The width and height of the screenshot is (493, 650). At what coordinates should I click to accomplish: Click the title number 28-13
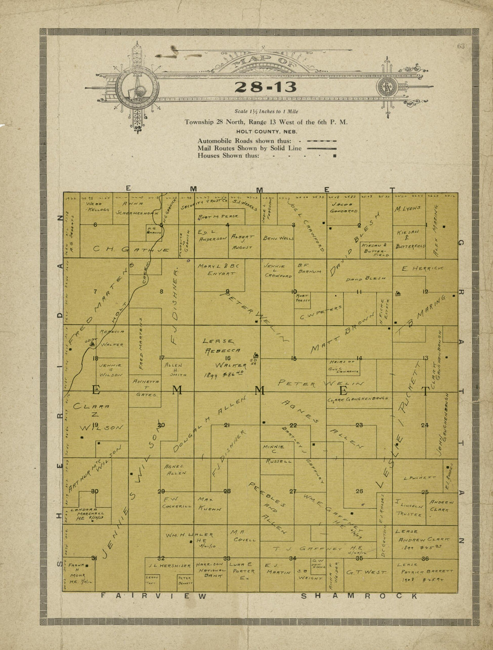pyautogui.click(x=265, y=87)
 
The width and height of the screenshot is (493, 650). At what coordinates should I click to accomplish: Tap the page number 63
pyautogui.click(x=461, y=46)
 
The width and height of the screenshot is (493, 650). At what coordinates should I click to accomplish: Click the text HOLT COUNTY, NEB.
pyautogui.click(x=266, y=131)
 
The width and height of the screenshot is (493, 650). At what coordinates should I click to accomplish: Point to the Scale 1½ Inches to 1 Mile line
pyautogui.click(x=266, y=111)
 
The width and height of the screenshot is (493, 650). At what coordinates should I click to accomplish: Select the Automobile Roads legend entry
pyautogui.click(x=267, y=140)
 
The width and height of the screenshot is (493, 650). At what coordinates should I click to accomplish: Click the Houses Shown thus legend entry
pyautogui.click(x=267, y=156)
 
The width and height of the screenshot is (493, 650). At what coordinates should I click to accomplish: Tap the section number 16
pyautogui.click(x=227, y=358)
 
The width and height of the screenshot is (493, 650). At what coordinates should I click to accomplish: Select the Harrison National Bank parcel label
pyautogui.click(x=210, y=570)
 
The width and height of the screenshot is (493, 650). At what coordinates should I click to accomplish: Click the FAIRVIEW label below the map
pyautogui.click(x=153, y=596)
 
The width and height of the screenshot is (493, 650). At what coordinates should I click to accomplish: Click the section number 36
pyautogui.click(x=425, y=558)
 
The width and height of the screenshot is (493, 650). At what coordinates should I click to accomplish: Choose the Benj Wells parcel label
pyautogui.click(x=278, y=238)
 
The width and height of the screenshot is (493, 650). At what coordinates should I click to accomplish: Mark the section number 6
pyautogui.click(x=95, y=225)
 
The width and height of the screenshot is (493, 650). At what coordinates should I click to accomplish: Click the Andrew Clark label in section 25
pyautogui.click(x=441, y=506)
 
